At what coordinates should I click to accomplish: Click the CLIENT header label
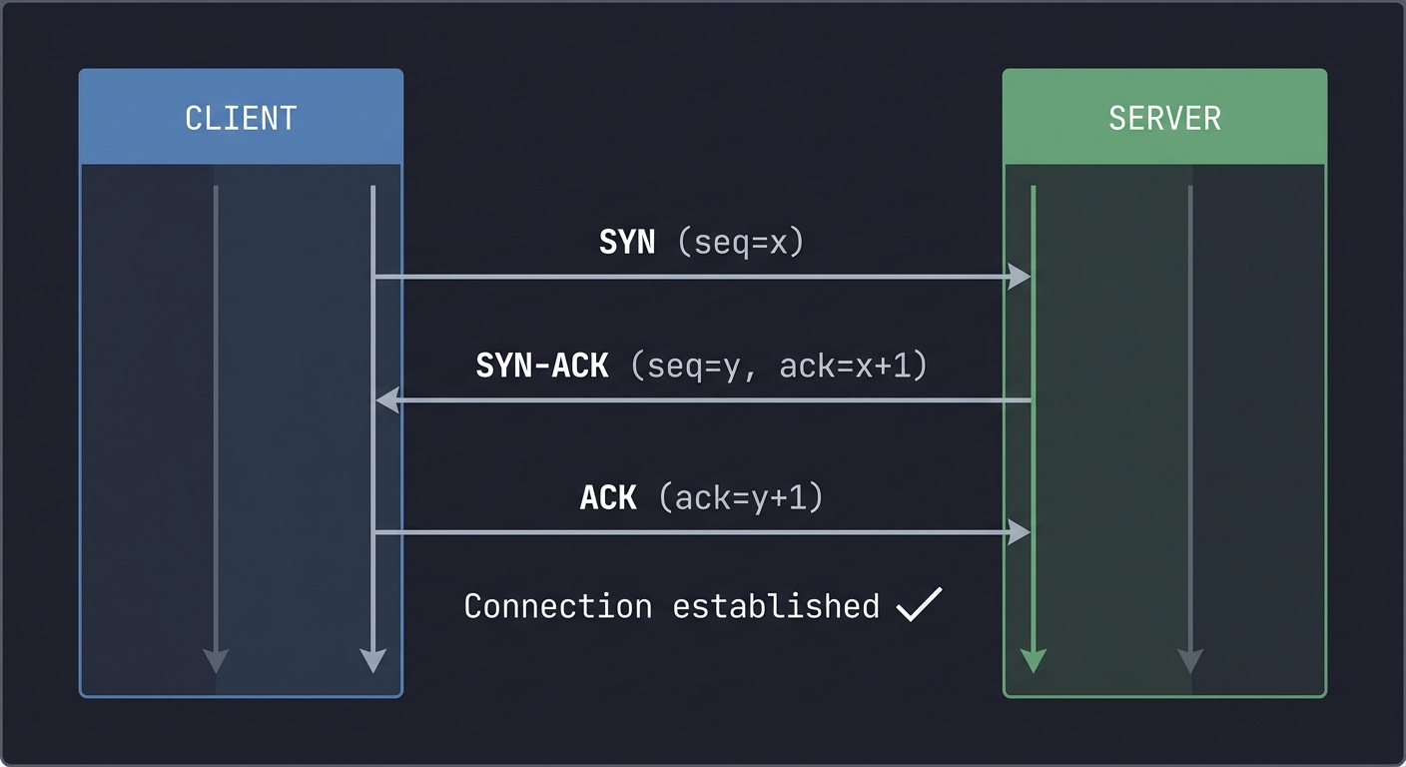(x=241, y=118)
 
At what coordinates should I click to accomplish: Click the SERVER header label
(x=1164, y=118)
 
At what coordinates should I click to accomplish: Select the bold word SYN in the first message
(x=627, y=243)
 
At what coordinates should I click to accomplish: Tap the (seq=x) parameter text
(x=740, y=243)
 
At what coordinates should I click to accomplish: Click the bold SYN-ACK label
(x=542, y=366)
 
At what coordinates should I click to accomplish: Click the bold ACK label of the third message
(x=608, y=497)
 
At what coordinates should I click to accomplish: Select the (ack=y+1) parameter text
(x=741, y=497)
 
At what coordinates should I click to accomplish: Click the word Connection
(x=558, y=606)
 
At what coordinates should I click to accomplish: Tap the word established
(x=775, y=606)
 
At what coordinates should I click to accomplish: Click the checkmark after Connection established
(x=919, y=605)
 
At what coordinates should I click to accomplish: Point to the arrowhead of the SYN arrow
(x=1019, y=277)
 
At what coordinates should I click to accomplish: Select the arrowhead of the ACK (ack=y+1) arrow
(x=1019, y=533)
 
